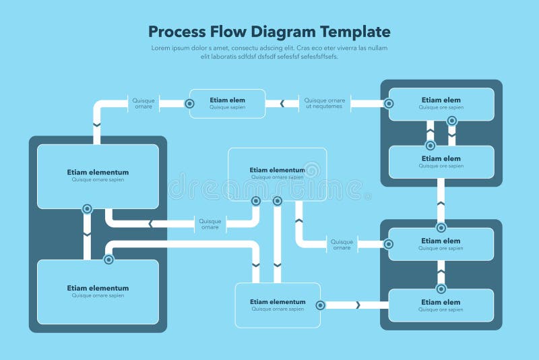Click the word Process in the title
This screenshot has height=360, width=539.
pos(177,32)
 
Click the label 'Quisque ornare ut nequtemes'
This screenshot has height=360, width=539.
pos(324,103)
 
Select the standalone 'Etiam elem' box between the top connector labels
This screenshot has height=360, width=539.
pos(227,103)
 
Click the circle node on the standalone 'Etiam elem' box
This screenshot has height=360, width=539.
pos(190,104)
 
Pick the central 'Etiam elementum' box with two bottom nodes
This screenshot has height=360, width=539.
pos(277,173)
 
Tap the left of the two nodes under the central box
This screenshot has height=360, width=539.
pos(256,201)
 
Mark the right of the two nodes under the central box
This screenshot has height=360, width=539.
pos(277,201)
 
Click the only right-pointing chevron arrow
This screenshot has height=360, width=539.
pos(358,305)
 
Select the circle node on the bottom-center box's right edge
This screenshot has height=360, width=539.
pos(321,305)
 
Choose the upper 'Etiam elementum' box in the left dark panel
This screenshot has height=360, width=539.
pos(98,175)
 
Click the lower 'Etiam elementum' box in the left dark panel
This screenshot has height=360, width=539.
pos(98,291)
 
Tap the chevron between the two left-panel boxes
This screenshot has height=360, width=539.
pos(87,234)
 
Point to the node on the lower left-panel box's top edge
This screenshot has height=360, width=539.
pos(108,260)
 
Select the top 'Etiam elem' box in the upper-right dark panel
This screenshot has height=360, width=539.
pos(441,103)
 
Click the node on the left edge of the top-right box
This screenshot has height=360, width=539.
pos(389,103)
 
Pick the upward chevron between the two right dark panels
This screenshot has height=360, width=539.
pos(441,202)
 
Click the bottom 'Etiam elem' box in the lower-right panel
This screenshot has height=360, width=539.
pos(441,305)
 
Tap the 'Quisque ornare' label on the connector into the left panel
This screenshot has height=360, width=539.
pos(210,224)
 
